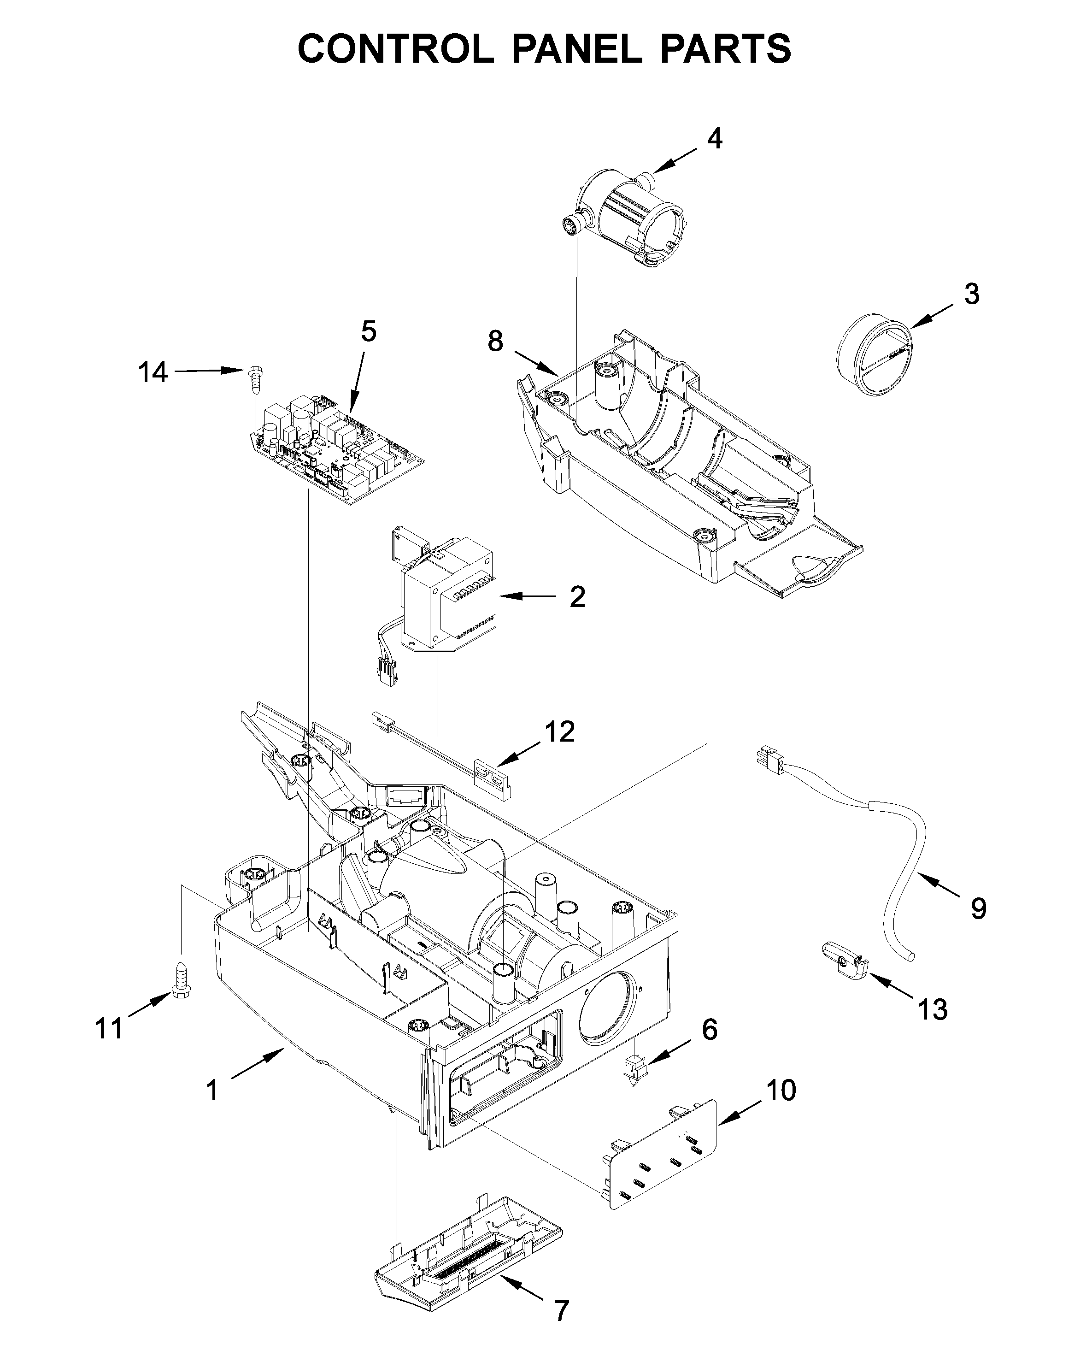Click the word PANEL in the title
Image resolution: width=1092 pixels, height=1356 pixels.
(577, 48)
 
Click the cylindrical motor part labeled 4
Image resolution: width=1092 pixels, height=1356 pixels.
(629, 214)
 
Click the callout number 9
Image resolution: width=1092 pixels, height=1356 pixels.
(978, 908)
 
